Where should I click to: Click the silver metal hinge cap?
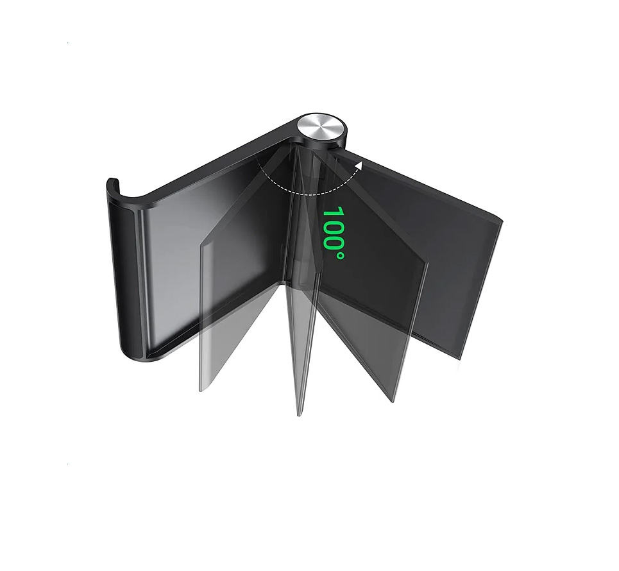pyautogui.click(x=322, y=128)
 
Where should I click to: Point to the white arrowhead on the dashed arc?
pyautogui.click(x=359, y=165)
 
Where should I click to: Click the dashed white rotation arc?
pyautogui.click(x=300, y=192)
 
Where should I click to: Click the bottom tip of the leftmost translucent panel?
pyautogui.click(x=201, y=390)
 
